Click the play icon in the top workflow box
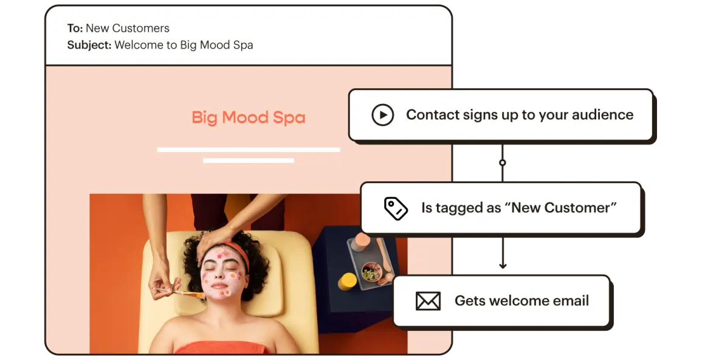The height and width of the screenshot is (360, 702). point(382,115)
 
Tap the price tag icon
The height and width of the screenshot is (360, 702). point(396,208)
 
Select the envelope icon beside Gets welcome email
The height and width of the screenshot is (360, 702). point(428,301)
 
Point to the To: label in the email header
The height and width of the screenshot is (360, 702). point(75,28)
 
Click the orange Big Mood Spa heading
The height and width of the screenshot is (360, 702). point(248,117)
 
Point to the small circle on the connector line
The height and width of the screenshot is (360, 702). point(502,163)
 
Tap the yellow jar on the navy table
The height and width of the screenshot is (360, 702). point(347,281)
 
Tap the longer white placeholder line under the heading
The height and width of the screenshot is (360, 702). point(248,149)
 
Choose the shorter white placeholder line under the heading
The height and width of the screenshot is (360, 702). point(248,161)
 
